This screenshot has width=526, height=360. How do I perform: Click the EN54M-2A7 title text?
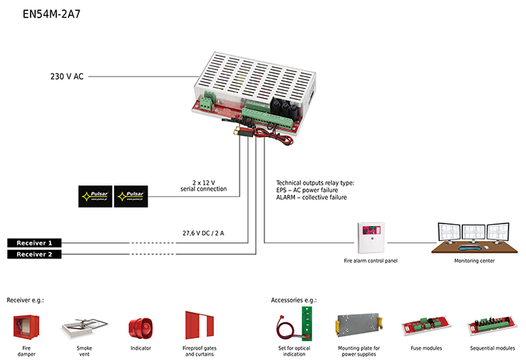(52, 14)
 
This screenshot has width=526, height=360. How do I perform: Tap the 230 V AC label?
(66, 77)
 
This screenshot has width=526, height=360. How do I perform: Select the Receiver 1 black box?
(34, 243)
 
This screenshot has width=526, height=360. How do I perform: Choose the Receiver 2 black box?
(34, 254)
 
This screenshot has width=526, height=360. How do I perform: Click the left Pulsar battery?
(95, 196)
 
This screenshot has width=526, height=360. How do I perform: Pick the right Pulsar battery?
(131, 196)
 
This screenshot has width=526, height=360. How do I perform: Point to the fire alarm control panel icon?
(370, 238)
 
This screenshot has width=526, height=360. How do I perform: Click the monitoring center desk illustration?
(474, 238)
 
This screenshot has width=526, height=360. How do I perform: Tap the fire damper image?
(26, 327)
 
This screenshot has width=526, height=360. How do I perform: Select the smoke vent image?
(84, 328)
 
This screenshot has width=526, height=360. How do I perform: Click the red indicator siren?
(140, 328)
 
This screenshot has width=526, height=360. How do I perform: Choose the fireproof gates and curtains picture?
(199, 325)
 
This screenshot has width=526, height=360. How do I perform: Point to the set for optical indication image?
(294, 324)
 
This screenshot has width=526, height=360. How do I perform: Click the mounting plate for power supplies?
(359, 325)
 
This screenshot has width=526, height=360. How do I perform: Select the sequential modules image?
(492, 326)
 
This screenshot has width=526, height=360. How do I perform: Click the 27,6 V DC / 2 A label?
(203, 233)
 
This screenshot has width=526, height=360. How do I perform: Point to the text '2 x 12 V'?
(204, 183)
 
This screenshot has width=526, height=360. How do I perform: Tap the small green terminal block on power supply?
(208, 102)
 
